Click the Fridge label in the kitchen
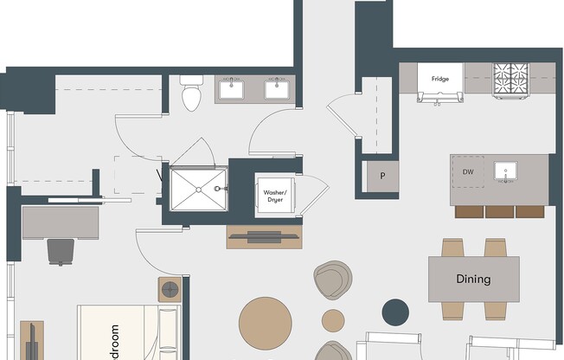[x=440, y=79]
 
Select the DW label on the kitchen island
[x=468, y=171]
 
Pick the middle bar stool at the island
[x=499, y=211]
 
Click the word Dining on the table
[x=473, y=280]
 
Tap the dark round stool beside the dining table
[x=396, y=312]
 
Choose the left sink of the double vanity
[x=232, y=87]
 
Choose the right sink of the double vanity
[x=279, y=87]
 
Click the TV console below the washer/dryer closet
[x=265, y=236]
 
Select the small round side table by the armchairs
[x=333, y=320]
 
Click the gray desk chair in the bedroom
[x=61, y=251]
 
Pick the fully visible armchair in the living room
[x=331, y=280]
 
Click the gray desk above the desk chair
[x=61, y=222]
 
